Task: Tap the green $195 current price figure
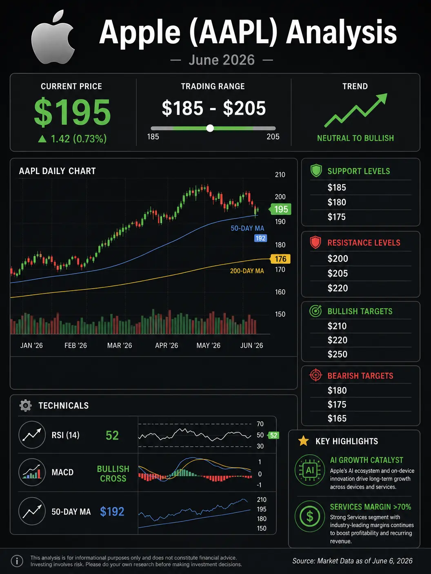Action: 73,112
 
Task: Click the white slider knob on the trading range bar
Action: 210,128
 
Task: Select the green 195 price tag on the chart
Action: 280,209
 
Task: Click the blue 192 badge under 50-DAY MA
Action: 260,238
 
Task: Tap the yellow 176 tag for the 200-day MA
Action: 280,259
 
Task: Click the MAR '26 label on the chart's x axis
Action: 120,345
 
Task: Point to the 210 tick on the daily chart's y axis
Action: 280,174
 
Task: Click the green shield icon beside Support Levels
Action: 316,171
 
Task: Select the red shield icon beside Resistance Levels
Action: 315,242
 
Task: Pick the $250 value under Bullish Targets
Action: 337,354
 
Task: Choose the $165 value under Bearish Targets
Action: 337,418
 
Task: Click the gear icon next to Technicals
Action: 25,406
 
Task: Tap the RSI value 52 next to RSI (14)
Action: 112,435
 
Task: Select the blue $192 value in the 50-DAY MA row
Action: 112,512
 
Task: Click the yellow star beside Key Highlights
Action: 303,441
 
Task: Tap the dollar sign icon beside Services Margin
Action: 310,516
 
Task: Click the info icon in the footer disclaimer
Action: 17,561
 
